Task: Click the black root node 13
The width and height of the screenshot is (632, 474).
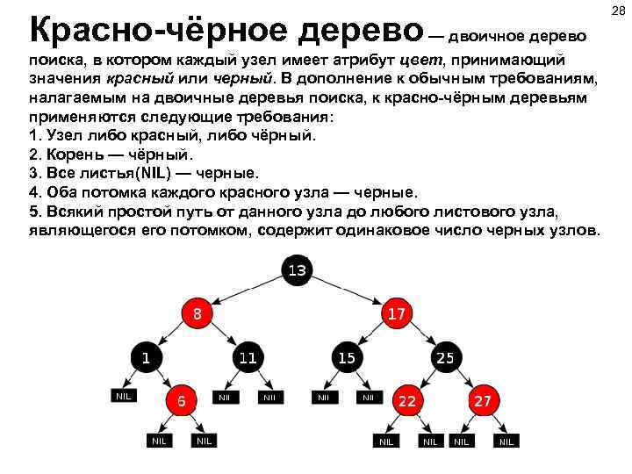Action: tap(296, 269)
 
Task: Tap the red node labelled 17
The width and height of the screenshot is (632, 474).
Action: tap(396, 312)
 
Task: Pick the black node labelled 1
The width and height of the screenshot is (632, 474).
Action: tap(147, 357)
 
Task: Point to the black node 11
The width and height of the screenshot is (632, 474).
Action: tap(248, 357)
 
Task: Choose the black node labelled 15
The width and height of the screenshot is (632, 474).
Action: tap(346, 357)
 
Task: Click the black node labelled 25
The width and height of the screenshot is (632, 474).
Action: tap(445, 357)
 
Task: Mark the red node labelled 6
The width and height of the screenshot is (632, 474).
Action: tap(181, 399)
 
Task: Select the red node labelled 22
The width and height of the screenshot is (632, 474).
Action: tap(406, 399)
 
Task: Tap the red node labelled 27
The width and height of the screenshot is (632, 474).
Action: tap(482, 399)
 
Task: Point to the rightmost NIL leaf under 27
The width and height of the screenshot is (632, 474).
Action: tap(506, 441)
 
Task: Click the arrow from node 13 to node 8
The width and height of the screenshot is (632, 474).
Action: tap(246, 288)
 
